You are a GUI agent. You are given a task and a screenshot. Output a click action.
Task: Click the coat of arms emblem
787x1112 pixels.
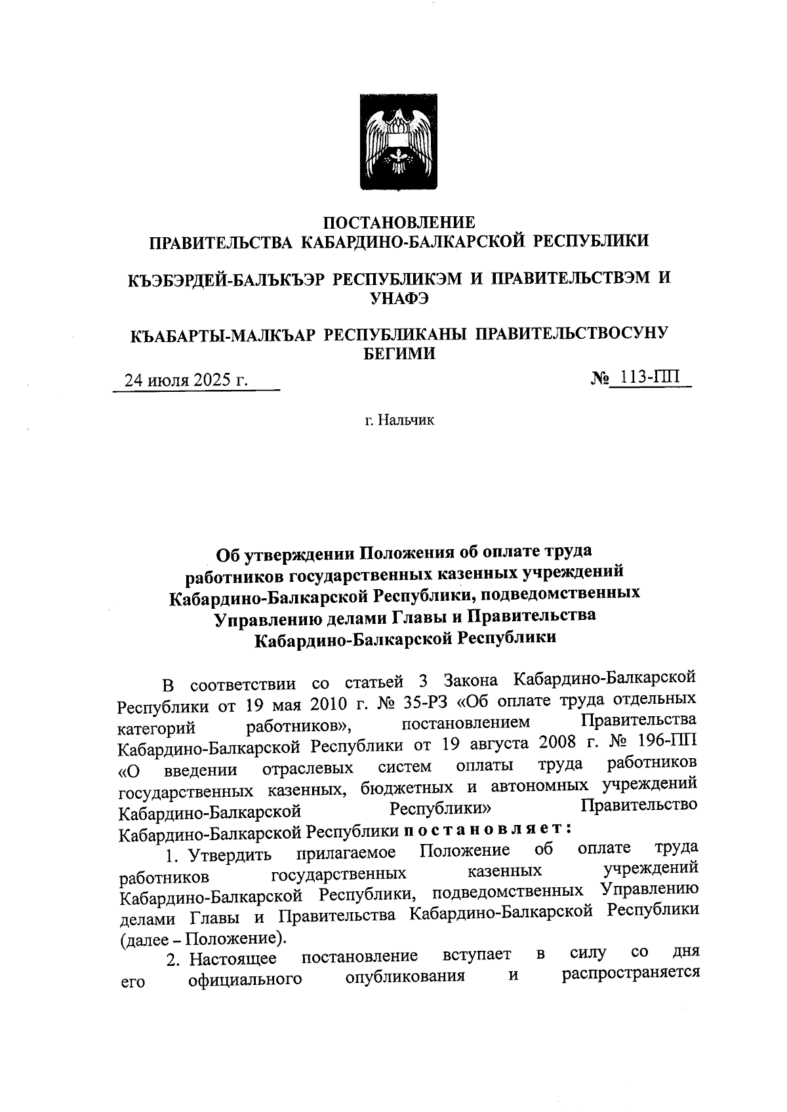(399, 142)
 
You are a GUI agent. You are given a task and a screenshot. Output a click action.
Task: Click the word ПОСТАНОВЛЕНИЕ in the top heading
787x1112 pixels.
(399, 222)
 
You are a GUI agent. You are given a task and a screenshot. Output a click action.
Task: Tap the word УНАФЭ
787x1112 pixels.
(399, 298)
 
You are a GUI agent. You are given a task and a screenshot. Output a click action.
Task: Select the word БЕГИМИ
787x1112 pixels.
(399, 354)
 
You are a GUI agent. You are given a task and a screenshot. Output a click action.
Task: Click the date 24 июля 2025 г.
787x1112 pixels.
(186, 381)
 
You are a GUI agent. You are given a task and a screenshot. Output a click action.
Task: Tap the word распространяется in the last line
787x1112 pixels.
(629, 975)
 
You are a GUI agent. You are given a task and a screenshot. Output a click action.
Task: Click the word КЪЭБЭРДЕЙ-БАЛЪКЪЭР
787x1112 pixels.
(226, 278)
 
